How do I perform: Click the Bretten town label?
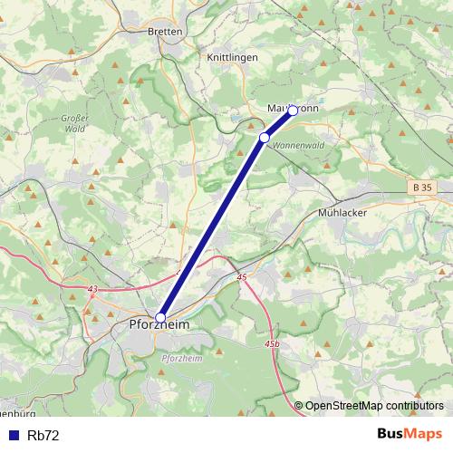coord(164,31)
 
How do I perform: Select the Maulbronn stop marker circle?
coord(293,111)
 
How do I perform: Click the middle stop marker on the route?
coord(265,137)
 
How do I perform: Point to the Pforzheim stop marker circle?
coord(160,318)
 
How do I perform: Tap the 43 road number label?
coord(92,289)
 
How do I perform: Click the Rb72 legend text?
coord(43,435)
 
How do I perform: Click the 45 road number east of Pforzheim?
coord(242,277)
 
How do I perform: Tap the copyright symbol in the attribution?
coord(299,406)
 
